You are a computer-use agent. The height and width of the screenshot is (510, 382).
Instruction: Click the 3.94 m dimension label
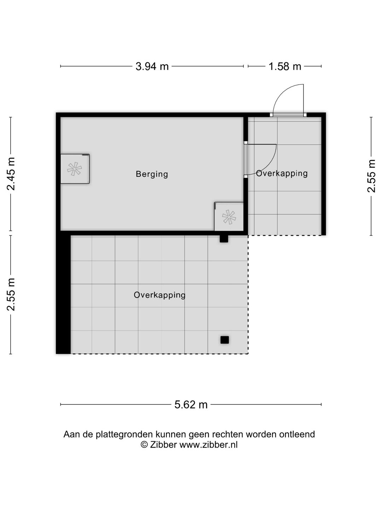coord(152,66)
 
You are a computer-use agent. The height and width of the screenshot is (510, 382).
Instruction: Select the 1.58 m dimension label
coord(285,66)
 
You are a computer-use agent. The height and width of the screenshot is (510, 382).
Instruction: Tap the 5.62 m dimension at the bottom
coord(191,404)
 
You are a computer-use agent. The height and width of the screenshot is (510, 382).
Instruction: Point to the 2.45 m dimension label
coord(11,174)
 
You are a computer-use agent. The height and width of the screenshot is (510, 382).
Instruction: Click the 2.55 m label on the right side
coord(371,176)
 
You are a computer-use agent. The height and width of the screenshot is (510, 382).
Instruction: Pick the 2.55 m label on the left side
coord(11,294)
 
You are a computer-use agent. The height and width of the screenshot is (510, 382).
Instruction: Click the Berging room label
coord(152,174)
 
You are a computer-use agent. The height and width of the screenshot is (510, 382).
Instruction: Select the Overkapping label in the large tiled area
coord(160,295)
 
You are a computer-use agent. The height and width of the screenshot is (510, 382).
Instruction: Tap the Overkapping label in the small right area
coord(282,173)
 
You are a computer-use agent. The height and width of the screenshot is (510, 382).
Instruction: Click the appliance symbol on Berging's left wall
coord(75,169)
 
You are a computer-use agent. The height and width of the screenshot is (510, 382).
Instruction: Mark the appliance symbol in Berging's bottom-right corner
coord(229,217)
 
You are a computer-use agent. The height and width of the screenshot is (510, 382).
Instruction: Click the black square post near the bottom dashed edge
coord(225,340)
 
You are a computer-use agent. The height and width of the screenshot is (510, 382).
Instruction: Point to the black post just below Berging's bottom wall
coord(224,239)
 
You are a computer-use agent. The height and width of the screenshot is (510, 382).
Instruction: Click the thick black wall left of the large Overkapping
coord(63,294)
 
